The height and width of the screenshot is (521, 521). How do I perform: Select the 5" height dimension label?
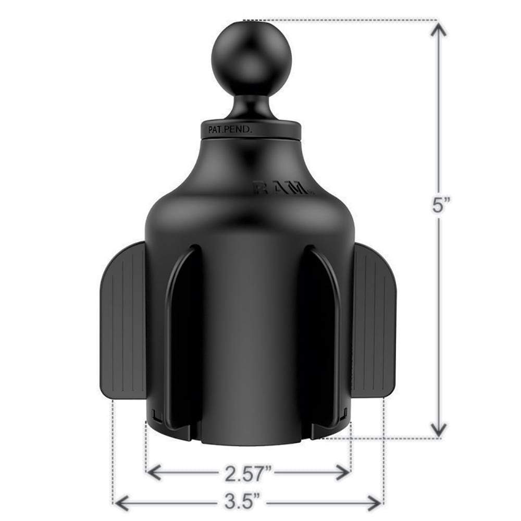click(440, 206)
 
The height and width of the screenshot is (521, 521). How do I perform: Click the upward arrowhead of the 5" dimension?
click(440, 31)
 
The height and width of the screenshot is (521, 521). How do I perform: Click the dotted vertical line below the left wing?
click(113, 448)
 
